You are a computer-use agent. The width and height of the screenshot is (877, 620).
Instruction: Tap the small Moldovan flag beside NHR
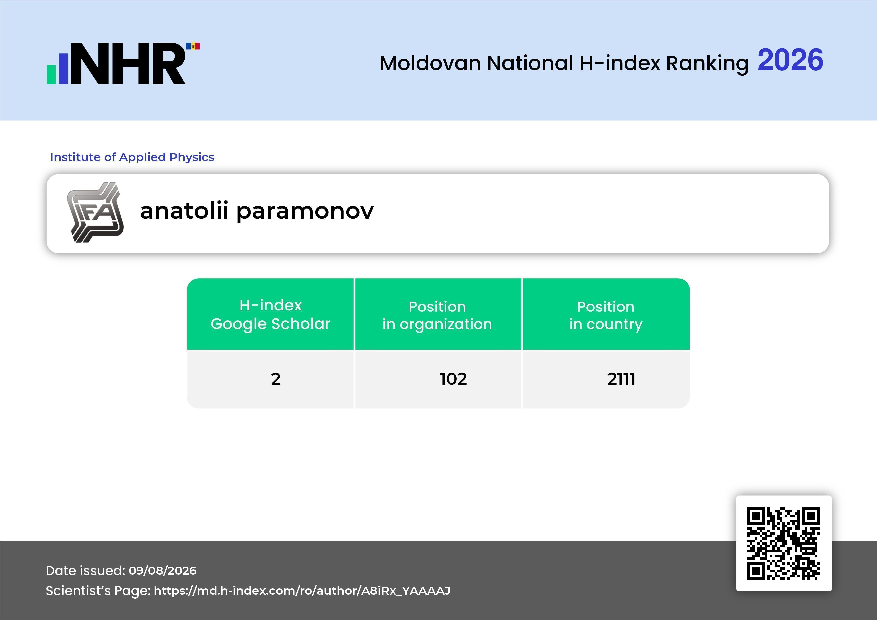pyautogui.click(x=193, y=46)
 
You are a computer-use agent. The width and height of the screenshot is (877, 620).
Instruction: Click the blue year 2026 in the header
pyautogui.click(x=790, y=60)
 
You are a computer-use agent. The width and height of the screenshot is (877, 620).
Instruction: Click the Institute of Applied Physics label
pyautogui.click(x=132, y=157)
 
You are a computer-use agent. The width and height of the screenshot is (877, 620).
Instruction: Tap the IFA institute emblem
pyautogui.click(x=95, y=212)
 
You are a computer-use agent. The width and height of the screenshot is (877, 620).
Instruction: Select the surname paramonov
pyautogui.click(x=305, y=212)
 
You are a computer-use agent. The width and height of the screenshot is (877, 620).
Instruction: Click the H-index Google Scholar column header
pyautogui.click(x=270, y=314)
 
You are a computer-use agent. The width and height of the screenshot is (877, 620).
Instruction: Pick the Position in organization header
pyautogui.click(x=437, y=315)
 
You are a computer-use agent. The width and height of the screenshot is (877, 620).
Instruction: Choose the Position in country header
pyautogui.click(x=606, y=315)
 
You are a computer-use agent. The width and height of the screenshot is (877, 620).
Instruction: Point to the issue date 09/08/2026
pyautogui.click(x=162, y=570)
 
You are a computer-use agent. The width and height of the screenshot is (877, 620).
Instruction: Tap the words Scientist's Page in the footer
pyautogui.click(x=98, y=591)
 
